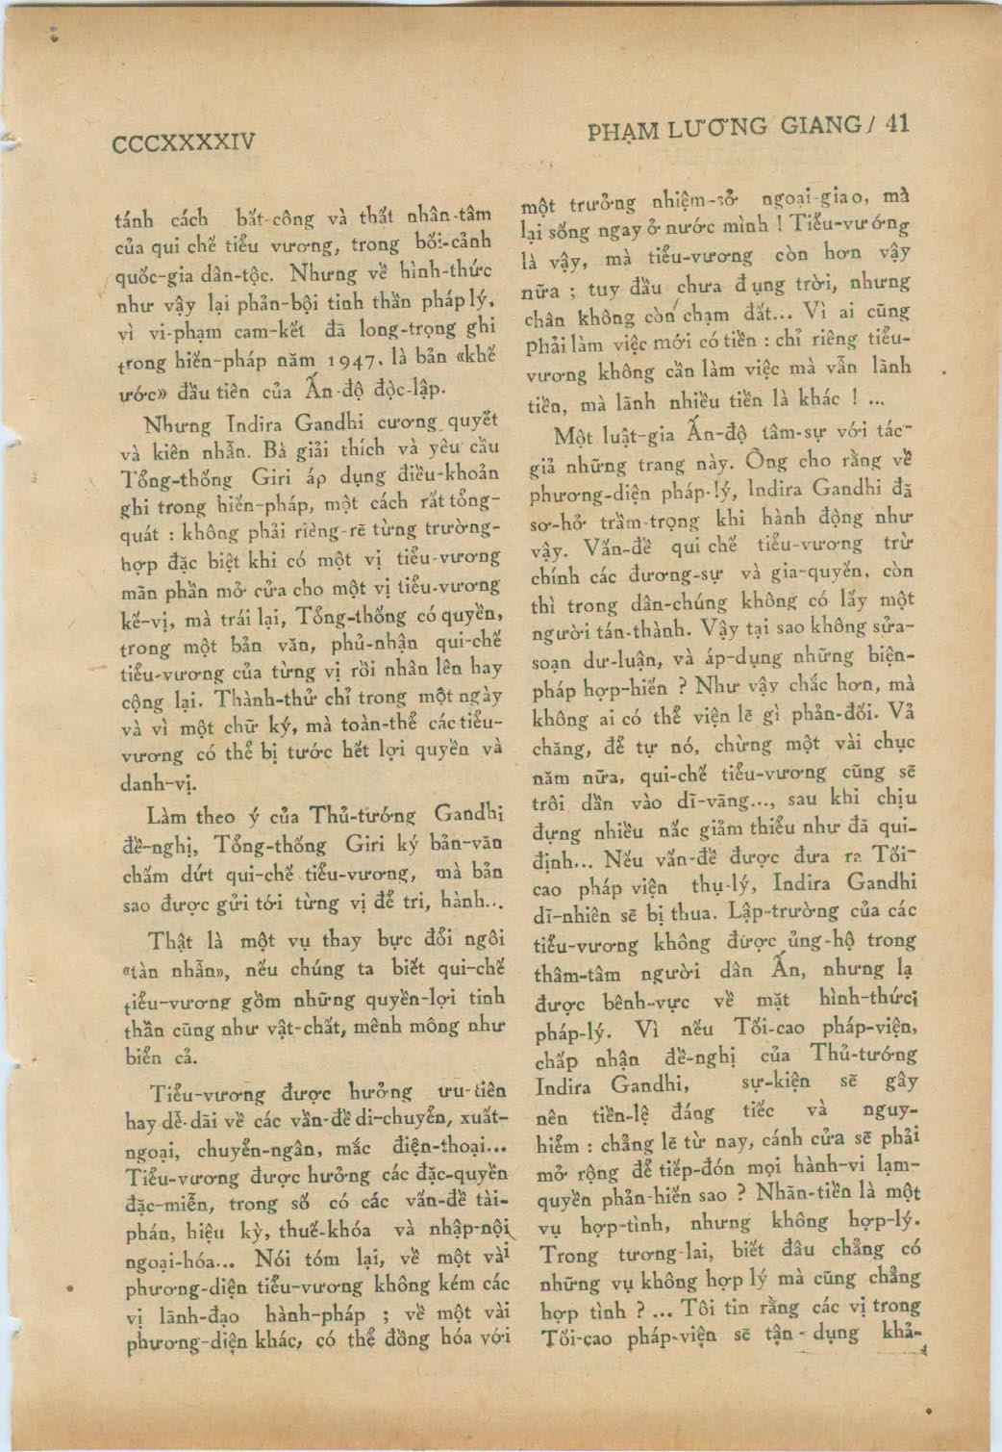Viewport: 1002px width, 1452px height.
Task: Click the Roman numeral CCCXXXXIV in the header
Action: click(185, 143)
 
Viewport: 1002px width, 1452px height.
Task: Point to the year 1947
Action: click(364, 363)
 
